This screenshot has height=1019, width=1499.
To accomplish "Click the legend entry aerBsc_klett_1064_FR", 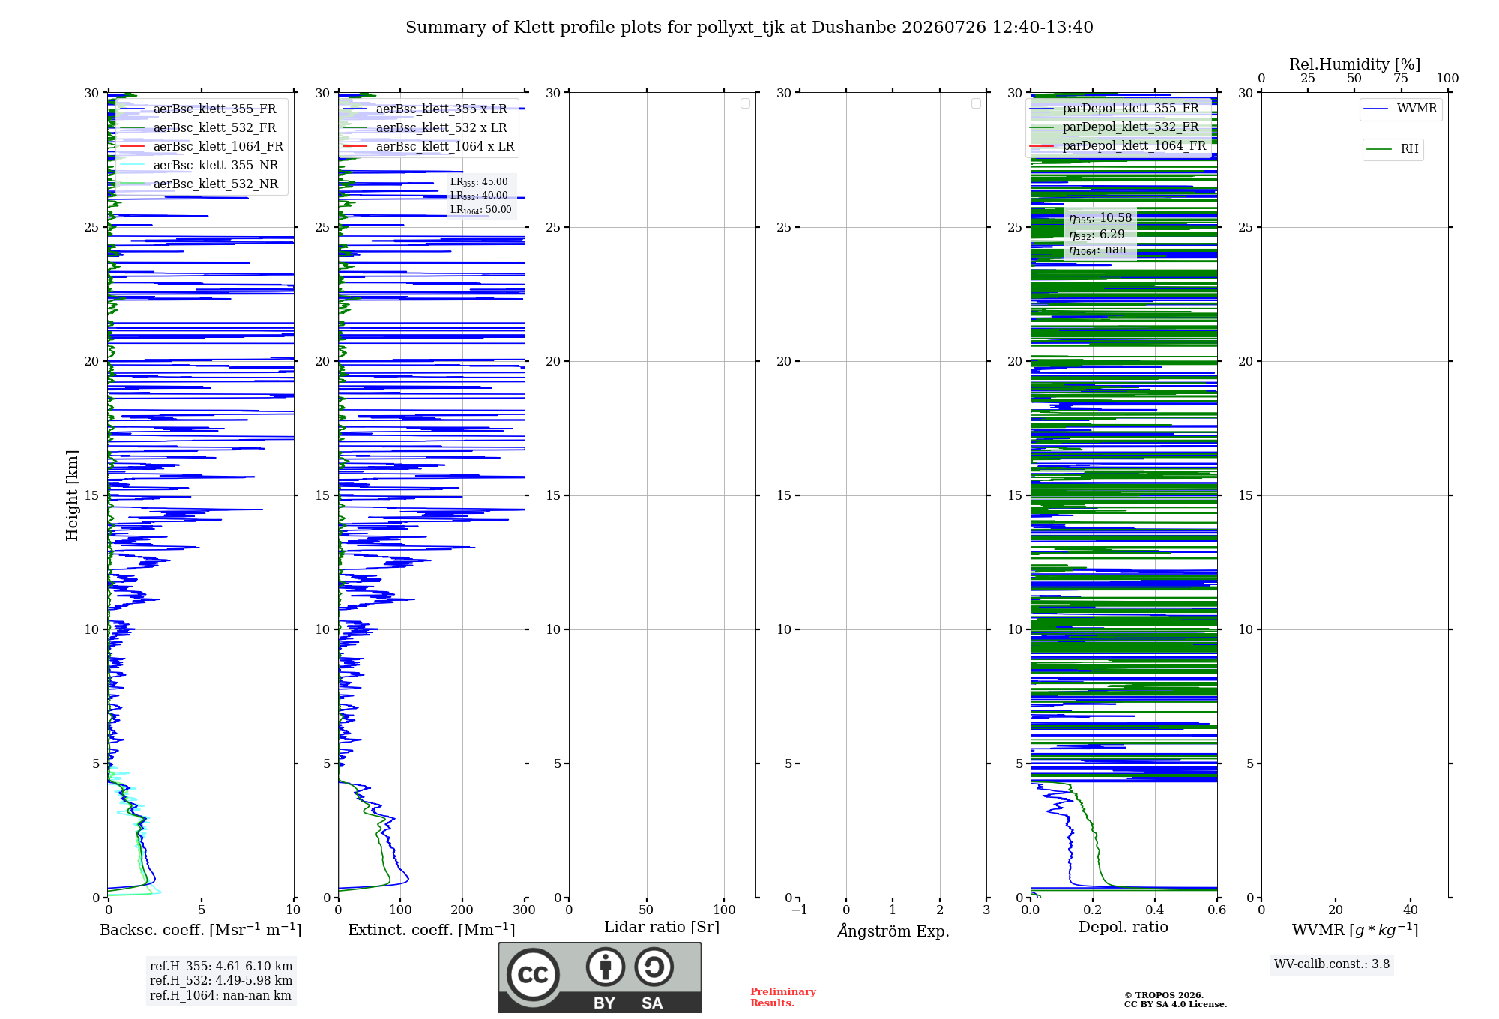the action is point(201,146).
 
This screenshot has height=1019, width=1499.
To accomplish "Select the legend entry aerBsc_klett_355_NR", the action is point(199,165).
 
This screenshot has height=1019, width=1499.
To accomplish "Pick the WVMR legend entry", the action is point(1400,109).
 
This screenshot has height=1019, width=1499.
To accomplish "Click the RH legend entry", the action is point(1393,149).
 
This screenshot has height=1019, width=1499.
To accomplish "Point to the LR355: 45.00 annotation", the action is point(479,182).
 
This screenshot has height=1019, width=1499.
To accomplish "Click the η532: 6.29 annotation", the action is point(1097,235).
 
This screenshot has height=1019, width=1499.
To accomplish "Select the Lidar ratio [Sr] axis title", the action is point(662,928).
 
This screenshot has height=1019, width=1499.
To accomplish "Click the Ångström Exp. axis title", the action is point(893,931).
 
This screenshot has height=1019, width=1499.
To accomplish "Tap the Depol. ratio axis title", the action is point(1124,928).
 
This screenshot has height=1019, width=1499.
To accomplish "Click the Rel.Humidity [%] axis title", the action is point(1355,64).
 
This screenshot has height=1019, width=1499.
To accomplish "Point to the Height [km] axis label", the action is point(72,495).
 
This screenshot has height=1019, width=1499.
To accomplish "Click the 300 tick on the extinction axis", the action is point(525,910).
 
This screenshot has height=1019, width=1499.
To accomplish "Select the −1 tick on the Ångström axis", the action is point(800,910).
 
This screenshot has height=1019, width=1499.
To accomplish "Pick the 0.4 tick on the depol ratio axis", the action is point(1155,910).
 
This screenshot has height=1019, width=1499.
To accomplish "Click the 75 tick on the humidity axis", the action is point(1401,79).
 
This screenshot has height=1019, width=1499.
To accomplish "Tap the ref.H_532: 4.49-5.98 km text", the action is point(221,980).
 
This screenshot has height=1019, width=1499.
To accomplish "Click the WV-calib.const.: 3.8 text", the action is point(1332,964).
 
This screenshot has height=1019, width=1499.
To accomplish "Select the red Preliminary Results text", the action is point(783,997).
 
